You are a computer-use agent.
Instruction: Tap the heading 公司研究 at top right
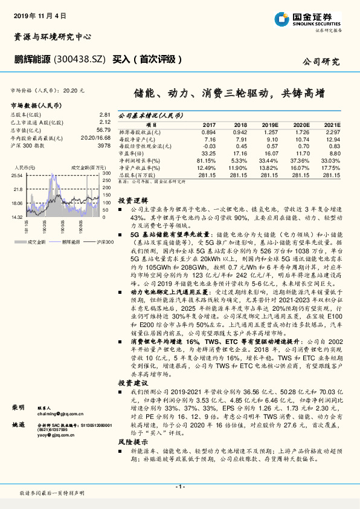pos(321,62)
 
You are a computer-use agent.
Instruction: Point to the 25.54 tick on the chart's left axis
pos(17,175)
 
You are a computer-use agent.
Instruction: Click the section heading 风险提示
pos(130,442)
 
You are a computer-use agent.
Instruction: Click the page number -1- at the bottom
pos(179,486)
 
